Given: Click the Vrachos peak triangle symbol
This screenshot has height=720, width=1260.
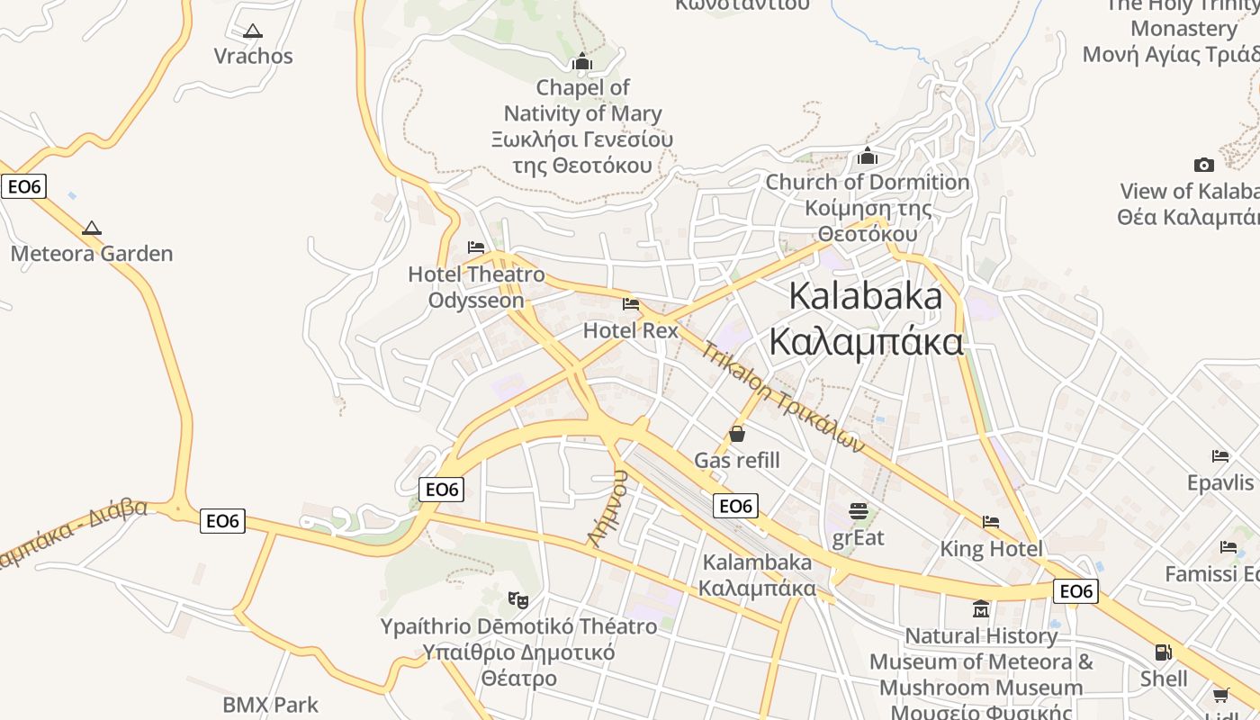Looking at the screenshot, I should pos(253,31).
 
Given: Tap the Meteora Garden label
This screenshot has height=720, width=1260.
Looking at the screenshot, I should pos(92,254).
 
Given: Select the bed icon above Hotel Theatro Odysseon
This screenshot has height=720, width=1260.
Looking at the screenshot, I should pos(476,247).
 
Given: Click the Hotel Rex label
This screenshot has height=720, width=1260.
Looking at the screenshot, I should pos(630,330).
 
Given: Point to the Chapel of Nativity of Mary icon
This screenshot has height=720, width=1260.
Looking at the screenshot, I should pos(582,62).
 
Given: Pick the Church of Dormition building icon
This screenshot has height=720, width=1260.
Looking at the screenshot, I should pos(868,157).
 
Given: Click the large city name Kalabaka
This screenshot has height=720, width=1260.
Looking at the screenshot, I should pos(866,296).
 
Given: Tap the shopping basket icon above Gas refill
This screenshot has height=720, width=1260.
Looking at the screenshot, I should pos(737,435).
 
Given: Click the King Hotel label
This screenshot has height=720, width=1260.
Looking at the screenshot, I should pos(991,549).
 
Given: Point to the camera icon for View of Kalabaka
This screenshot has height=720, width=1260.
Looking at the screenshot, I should pos(1204,165).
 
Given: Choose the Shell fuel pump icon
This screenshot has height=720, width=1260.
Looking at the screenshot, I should pos(1164,652).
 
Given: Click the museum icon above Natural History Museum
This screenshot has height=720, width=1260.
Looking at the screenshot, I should pos(981,609).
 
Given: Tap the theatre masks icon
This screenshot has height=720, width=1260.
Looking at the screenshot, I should pos(517,599).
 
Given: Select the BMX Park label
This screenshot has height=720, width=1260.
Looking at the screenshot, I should pos(271,705).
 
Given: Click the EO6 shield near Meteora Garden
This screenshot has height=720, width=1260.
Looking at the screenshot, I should pos(23,186).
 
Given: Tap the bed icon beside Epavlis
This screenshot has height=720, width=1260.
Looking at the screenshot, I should pos(1220,456).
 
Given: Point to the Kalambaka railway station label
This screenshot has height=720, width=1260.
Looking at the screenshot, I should pos(757,575).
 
